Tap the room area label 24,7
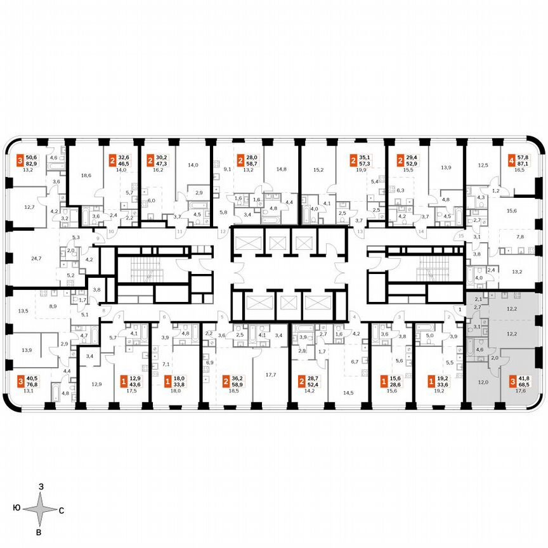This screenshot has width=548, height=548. [18, 258]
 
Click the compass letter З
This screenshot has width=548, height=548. [40, 486]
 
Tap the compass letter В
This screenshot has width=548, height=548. [39, 532]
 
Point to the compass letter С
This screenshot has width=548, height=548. [62, 509]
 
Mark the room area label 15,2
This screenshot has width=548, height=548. [318, 169]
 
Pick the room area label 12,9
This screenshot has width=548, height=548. [96, 384]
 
